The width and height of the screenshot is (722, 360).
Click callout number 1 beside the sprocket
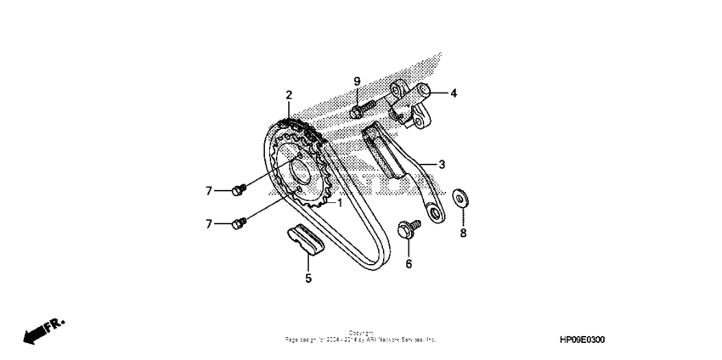tap(339, 203)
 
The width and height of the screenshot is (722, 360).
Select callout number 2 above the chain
tap(289, 94)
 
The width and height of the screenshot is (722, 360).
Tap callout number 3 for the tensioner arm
tap(442, 163)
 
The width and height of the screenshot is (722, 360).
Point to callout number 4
tap(454, 93)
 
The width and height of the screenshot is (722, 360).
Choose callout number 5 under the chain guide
tap(308, 278)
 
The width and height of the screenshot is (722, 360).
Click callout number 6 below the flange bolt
tap(409, 264)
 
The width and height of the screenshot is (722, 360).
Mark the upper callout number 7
tap(207, 190)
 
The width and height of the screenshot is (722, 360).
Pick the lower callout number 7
tap(207, 224)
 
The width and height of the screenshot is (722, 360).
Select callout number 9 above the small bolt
tap(357, 81)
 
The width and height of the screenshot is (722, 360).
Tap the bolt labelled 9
tap(360, 110)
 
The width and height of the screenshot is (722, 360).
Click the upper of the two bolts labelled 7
tap(239, 188)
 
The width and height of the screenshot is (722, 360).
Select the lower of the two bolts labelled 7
tap(239, 222)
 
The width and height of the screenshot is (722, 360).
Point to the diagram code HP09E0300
tap(583, 339)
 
